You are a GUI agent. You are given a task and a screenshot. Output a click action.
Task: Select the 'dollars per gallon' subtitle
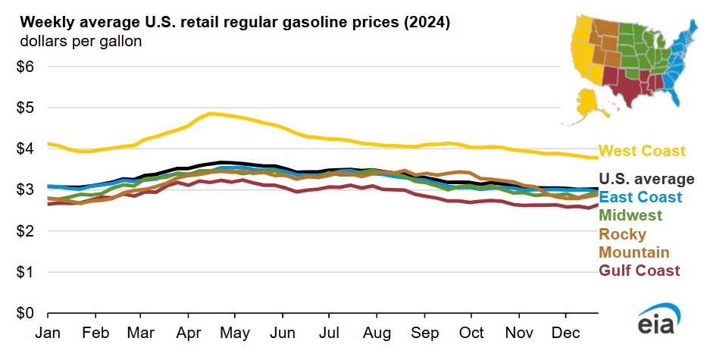coord(71,41)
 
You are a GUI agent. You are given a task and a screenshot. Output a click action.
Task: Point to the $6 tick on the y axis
coord(25,67)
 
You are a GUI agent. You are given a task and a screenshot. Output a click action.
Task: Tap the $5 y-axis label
coord(25,108)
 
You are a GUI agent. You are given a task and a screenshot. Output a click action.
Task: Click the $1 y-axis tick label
coord(25,272)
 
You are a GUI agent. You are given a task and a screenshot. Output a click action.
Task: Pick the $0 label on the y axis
coord(25,313)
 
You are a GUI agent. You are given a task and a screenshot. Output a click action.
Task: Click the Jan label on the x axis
coord(48,332)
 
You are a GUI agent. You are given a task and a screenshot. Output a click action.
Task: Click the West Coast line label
coord(642,152)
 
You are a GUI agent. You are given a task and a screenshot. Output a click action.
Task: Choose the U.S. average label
coord(646,180)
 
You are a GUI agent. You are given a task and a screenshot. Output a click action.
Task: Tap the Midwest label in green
coord(630,215)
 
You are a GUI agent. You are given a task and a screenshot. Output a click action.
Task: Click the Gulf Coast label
coord(640,271)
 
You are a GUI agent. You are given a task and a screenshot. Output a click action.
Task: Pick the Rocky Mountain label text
coord(634,243)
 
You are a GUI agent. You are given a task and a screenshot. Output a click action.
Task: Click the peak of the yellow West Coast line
coord(211,114)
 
